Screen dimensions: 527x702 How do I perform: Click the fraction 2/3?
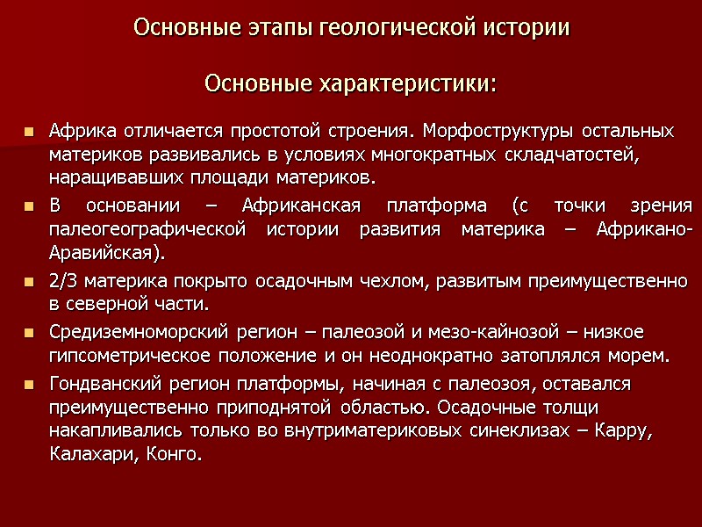(63, 281)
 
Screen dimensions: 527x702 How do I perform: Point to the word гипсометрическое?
(132, 357)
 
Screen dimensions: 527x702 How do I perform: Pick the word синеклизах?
(504, 431)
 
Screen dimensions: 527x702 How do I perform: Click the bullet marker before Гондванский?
(29, 385)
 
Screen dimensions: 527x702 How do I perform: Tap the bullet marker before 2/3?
(29, 282)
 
